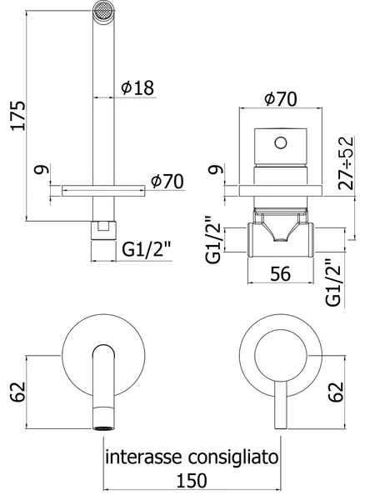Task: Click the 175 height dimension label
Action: pyautogui.click(x=17, y=116)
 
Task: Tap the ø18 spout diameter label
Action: pyautogui.click(x=137, y=87)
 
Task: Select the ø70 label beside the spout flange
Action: pyautogui.click(x=167, y=182)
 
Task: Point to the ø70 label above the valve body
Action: pyautogui.click(x=281, y=99)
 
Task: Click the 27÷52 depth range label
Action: pyautogui.click(x=346, y=163)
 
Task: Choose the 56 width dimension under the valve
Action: pyautogui.click(x=281, y=273)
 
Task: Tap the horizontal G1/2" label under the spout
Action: pyautogui.click(x=147, y=250)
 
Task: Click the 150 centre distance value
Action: pyautogui.click(x=192, y=480)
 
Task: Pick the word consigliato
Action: pyautogui.click(x=233, y=458)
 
